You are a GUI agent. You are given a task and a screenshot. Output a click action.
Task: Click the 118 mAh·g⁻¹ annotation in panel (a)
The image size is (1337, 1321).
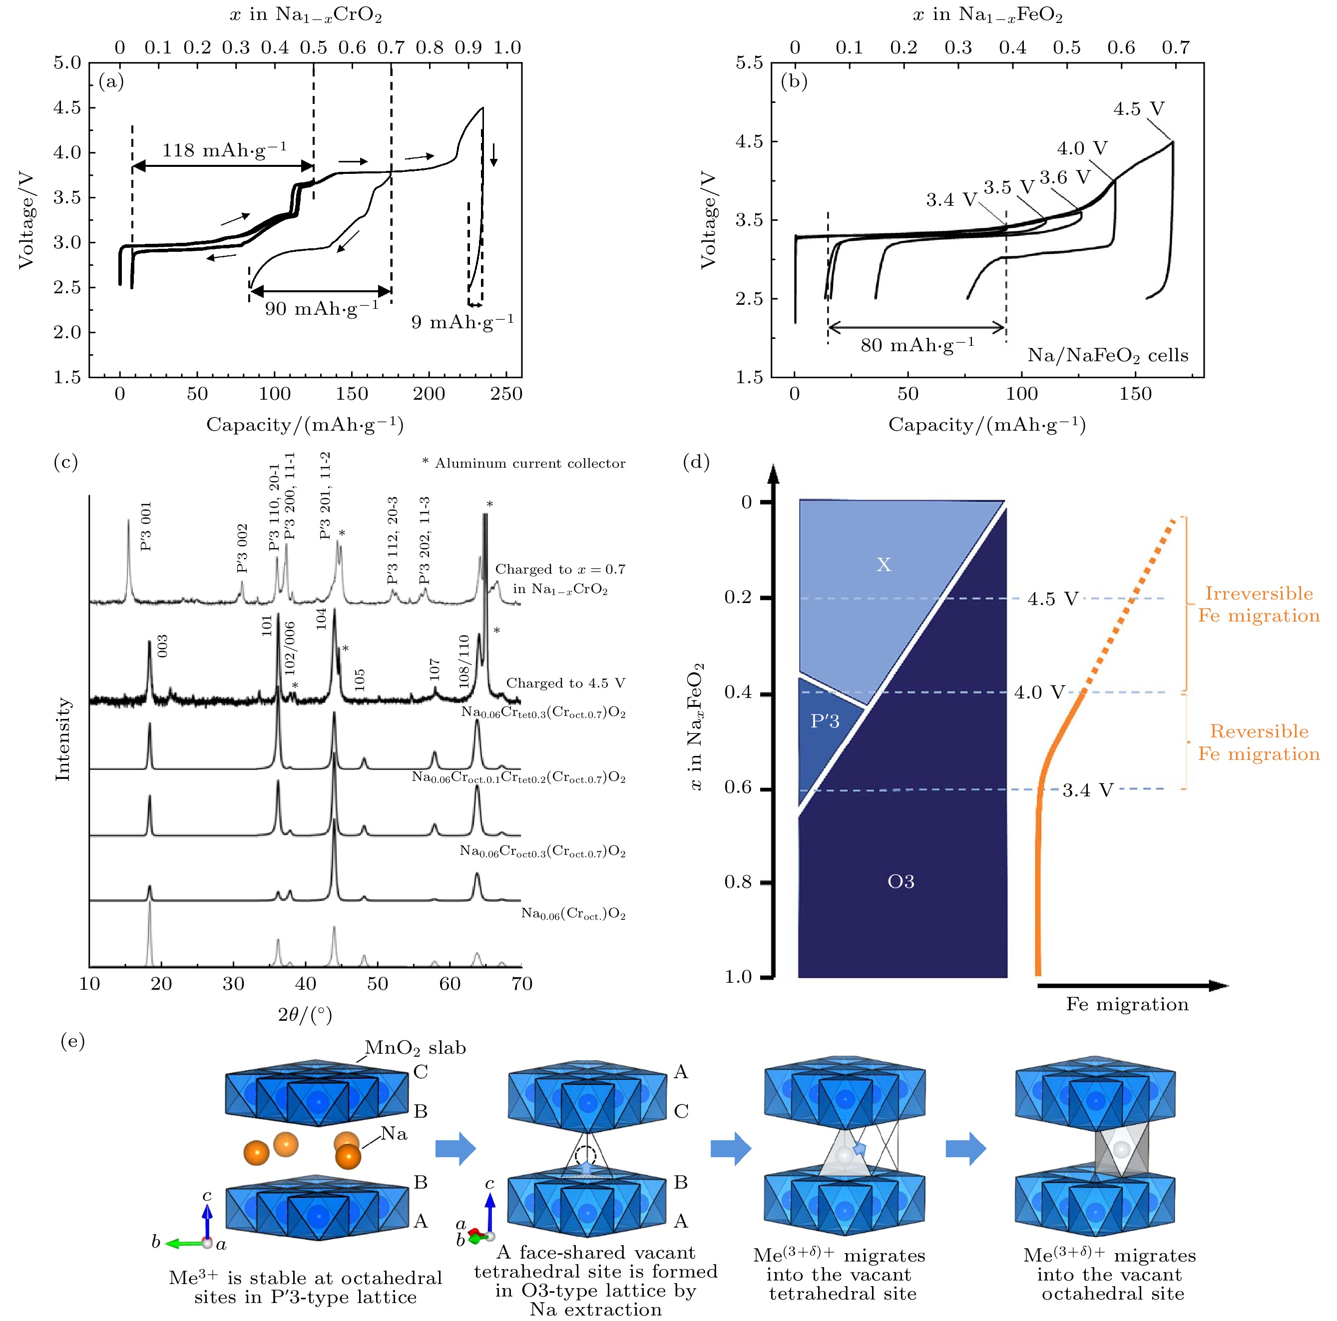click(224, 150)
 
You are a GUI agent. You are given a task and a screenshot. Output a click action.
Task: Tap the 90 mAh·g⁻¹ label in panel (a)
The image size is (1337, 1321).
click(322, 308)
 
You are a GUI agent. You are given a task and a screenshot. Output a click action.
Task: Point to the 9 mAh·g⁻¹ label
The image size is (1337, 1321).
click(462, 322)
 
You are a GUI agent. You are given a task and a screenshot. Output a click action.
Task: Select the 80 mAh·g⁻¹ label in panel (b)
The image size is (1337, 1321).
click(917, 345)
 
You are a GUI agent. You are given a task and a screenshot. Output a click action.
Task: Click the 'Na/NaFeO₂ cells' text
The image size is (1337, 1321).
click(1107, 356)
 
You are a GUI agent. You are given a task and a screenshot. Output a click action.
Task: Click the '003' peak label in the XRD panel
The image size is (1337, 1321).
click(163, 647)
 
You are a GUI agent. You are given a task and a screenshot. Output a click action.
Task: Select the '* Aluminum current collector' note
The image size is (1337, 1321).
click(524, 463)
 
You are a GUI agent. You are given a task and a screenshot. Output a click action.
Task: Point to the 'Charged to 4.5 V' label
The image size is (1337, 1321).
click(565, 683)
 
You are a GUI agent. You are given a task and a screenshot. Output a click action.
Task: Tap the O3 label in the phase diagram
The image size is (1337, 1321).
click(901, 881)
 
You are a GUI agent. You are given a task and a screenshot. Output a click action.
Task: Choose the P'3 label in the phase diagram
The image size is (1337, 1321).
click(825, 721)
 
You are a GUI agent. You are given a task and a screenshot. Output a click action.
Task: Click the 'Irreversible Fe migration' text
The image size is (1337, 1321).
click(1259, 605)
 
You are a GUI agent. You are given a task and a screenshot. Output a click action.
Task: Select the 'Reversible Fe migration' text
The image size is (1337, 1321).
click(1259, 742)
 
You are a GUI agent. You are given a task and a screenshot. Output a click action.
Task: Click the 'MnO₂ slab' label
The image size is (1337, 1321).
click(415, 1048)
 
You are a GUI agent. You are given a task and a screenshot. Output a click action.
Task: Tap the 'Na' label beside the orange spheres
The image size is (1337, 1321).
click(394, 1133)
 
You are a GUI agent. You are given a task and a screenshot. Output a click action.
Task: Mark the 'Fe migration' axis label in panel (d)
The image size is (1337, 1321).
click(1127, 1004)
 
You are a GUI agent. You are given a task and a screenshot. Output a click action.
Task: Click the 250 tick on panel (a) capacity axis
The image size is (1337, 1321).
click(506, 394)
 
